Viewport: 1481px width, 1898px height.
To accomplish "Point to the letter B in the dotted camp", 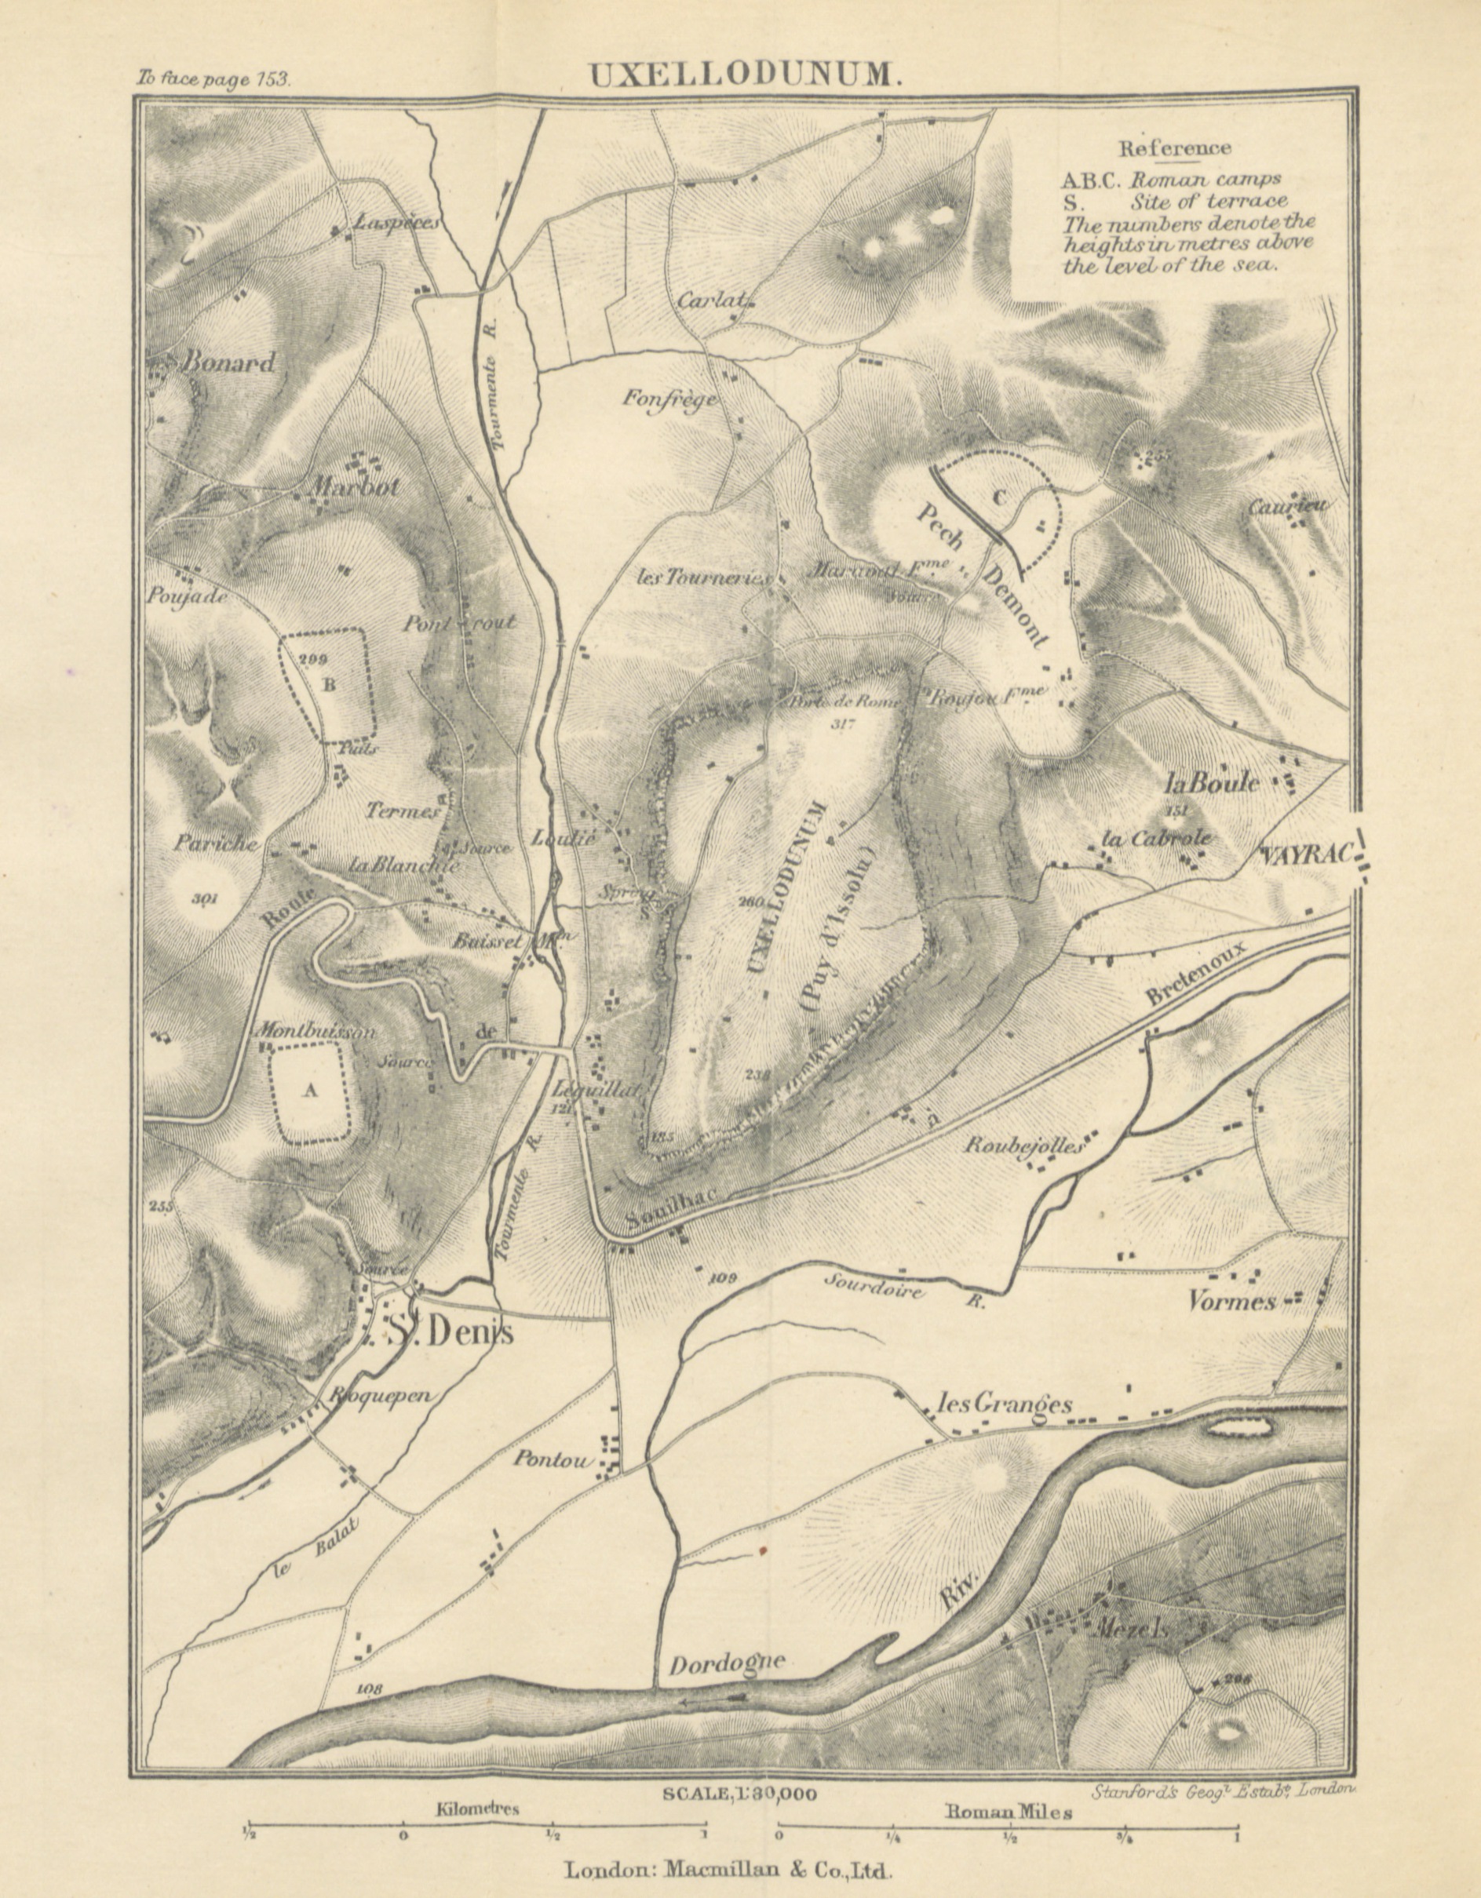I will [329, 685].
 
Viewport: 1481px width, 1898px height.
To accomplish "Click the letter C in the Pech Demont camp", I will [998, 497].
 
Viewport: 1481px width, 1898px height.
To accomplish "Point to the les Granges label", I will [1004, 1404].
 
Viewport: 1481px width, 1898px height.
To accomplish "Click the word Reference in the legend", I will [1174, 148].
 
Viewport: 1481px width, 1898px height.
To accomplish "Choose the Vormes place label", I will [1231, 1302].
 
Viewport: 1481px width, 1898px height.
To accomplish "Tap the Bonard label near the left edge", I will [226, 362].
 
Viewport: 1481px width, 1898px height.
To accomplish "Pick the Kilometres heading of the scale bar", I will [477, 1809].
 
